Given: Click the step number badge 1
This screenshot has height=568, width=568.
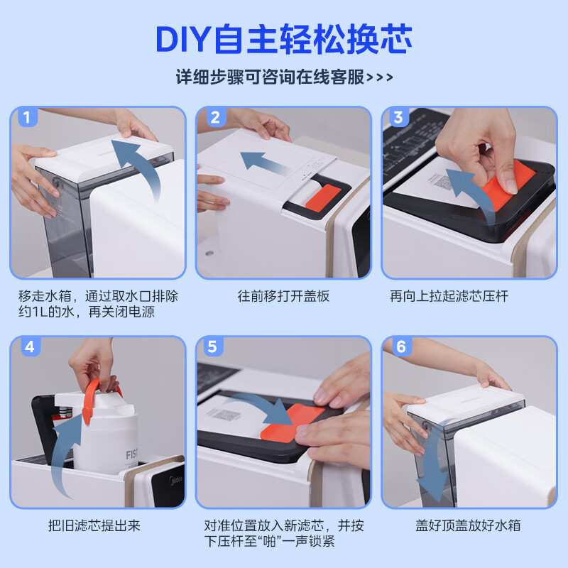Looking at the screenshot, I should click(27, 118).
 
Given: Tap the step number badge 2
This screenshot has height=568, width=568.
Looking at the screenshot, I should click(214, 118).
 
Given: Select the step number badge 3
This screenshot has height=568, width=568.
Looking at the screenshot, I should click(399, 118).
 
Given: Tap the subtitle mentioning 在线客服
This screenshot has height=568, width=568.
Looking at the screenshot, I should click(284, 77).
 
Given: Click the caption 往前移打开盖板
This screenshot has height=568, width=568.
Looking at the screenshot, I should click(284, 296).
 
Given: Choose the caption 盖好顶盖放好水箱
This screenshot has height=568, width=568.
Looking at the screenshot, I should click(469, 526).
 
